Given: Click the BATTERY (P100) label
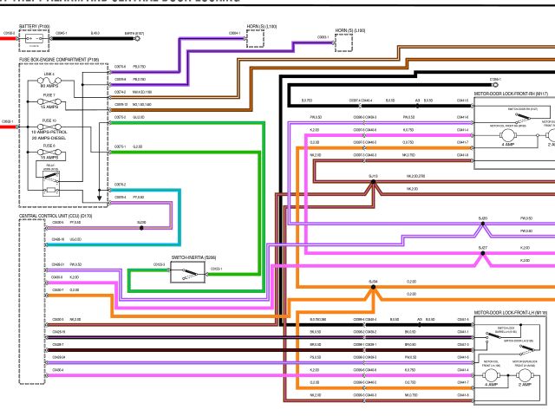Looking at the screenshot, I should pyautogui.click(x=34, y=27).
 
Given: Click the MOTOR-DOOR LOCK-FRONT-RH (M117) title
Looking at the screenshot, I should pyautogui.click(x=512, y=94).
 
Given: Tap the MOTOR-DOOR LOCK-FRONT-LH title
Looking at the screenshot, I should pyautogui.click(x=512, y=311).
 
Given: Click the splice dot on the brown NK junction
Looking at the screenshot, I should pyautogui.click(x=373, y=182).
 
